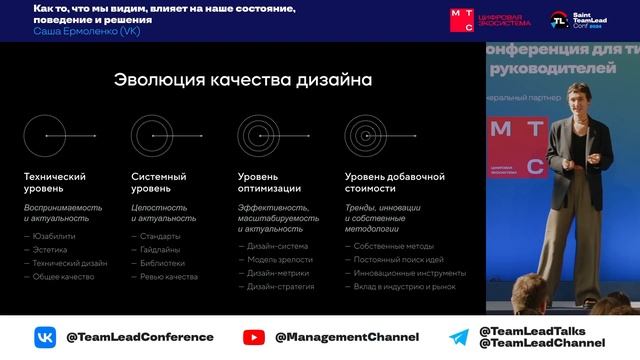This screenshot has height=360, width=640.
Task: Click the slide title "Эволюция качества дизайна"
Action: (242, 80)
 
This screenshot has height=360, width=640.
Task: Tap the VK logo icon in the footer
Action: (46, 337)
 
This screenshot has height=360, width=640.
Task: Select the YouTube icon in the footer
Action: (255, 337)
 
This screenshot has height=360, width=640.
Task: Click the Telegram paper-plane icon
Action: (459, 337)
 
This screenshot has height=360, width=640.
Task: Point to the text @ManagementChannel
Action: (346, 337)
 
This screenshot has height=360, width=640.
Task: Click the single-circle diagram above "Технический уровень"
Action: (45, 135)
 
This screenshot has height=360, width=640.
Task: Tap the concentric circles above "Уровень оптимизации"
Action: (258, 135)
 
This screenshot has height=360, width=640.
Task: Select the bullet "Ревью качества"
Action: (169, 276)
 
